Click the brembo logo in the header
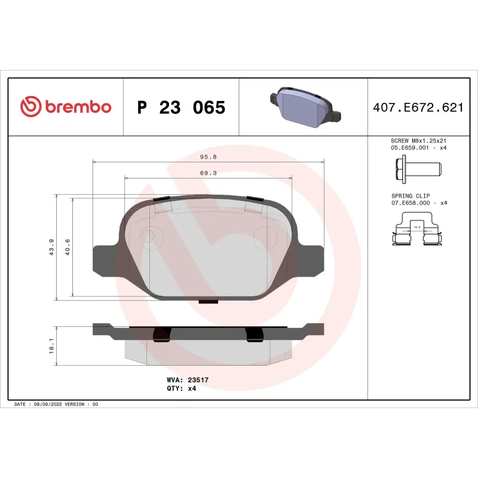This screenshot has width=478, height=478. point(66,107)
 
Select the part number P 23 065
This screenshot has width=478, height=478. point(181,108)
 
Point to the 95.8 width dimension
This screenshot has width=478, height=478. point(208,157)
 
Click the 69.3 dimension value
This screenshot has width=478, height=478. point(208,173)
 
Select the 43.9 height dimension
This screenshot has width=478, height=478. point(53,247)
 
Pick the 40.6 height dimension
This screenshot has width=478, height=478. point(68,247)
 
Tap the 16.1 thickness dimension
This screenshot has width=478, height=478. point(53,347)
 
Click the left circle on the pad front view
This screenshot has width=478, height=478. point(147,237)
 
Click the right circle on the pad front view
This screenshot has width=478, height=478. point(263,235)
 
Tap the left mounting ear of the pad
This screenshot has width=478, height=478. point(106,259)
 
